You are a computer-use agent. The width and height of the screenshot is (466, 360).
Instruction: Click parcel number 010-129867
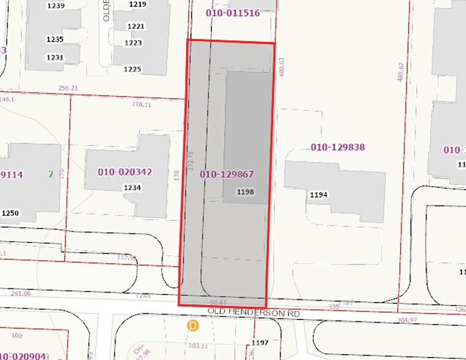(x=227, y=174)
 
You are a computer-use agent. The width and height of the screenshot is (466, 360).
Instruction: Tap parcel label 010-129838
(x=337, y=147)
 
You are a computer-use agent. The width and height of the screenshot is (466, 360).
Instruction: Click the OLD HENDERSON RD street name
(x=254, y=312)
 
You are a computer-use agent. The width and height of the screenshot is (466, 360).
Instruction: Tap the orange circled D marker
(x=194, y=326)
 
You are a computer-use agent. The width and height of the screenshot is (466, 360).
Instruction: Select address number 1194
(x=319, y=195)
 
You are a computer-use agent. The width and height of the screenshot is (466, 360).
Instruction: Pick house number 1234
(x=133, y=187)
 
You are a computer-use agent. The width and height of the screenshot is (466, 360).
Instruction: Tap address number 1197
(x=260, y=342)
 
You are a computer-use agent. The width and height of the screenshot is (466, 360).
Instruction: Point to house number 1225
(x=133, y=69)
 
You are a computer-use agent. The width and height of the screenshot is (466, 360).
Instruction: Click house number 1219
(x=137, y=4)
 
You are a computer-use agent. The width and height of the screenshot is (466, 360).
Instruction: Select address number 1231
(x=54, y=58)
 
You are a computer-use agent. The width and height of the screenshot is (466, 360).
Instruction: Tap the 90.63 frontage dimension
(x=217, y=302)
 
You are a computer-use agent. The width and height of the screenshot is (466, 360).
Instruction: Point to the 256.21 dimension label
(x=68, y=88)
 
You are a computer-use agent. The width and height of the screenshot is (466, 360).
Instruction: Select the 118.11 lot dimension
(x=141, y=105)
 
